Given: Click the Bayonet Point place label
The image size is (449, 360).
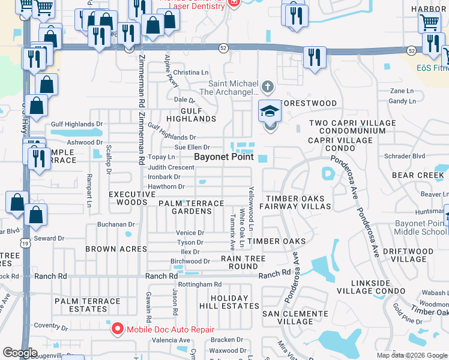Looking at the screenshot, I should tap(223, 157).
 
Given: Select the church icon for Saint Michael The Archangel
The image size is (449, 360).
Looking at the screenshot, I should tap(268, 88).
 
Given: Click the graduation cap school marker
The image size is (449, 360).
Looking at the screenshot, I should tap(270, 111).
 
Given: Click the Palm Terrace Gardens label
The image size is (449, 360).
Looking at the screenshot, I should tap(191, 207).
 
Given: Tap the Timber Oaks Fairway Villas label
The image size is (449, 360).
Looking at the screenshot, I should tap(298, 202).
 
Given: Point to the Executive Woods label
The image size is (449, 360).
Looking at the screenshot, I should tap(128, 199).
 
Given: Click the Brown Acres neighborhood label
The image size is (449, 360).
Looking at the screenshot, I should tap(116, 248).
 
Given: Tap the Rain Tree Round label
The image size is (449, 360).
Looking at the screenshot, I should tap(240, 262).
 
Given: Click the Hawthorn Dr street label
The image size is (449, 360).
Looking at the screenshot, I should tap(166, 187).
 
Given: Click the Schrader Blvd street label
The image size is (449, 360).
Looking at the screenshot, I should tap(408, 155).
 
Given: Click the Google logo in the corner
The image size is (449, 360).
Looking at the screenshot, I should tap(20, 353).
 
